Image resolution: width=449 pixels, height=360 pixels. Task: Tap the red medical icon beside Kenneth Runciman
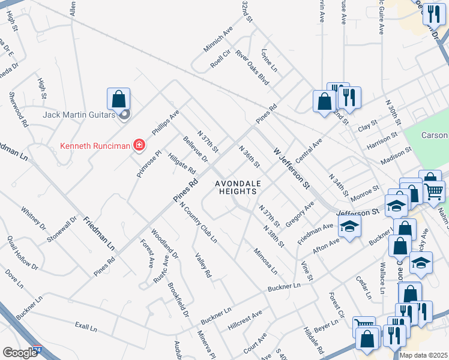click(139, 145)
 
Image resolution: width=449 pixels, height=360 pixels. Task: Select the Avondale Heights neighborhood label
click(237, 187)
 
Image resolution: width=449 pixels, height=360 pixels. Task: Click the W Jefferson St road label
click(291, 169)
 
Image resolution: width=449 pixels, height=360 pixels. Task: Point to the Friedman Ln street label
click(99, 233)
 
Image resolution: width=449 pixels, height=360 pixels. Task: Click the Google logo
click(20, 352)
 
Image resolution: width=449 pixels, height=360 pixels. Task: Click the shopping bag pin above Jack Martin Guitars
click(119, 100)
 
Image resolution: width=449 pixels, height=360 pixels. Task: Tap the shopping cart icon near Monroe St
click(434, 192)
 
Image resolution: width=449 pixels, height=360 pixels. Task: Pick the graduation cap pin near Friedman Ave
click(349, 226)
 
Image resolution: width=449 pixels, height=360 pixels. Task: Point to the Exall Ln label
click(86, 328)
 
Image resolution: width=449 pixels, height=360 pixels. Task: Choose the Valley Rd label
click(203, 265)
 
